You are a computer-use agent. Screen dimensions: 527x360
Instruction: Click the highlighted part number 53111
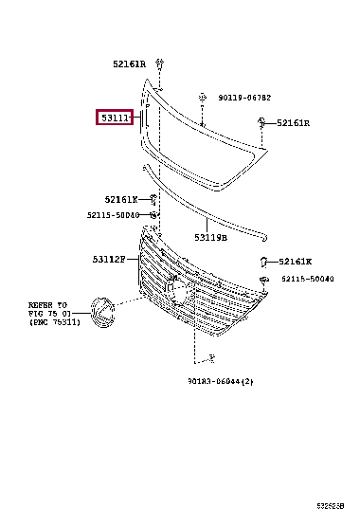[116, 118]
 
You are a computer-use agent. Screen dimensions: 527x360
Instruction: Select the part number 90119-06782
[243, 97]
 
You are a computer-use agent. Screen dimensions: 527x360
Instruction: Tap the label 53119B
[210, 237]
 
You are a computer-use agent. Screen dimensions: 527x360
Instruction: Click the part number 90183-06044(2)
[219, 381]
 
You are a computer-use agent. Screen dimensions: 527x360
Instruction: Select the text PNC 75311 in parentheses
[55, 322]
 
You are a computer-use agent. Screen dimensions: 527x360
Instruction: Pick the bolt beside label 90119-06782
[203, 98]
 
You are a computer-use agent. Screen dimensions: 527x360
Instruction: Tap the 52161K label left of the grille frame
[121, 199]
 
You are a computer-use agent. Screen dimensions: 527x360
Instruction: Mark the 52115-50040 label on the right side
[308, 280]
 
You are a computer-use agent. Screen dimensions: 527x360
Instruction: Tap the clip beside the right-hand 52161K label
[265, 261]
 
